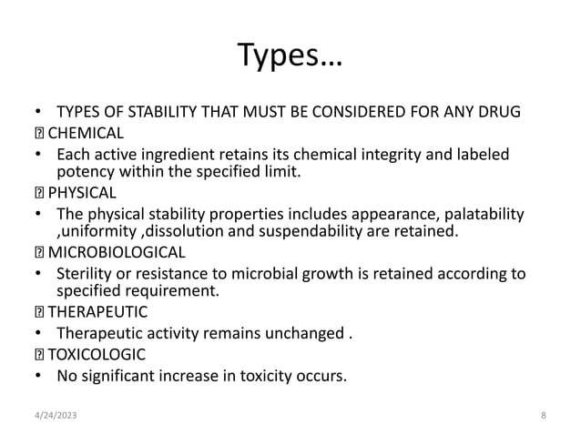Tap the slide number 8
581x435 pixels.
(x=543, y=415)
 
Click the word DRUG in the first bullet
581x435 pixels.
(x=500, y=114)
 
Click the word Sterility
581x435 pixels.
(x=84, y=273)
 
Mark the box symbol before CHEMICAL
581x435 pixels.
(x=38, y=134)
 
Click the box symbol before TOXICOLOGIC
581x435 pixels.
(x=38, y=351)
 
